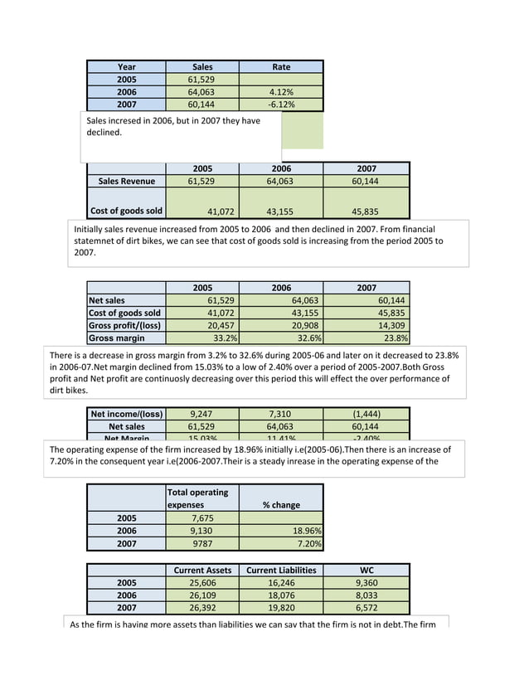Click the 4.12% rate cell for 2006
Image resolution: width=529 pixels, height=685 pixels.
click(x=281, y=92)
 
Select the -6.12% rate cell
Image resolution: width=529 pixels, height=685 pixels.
click(x=281, y=104)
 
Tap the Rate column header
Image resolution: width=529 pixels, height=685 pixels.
click(x=281, y=67)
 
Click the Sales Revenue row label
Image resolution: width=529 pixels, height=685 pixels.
click(x=127, y=181)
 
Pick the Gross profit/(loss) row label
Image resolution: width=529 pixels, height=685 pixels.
click(x=125, y=325)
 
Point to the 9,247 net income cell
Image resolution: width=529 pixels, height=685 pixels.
click(x=202, y=413)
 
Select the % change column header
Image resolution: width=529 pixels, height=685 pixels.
click(x=281, y=504)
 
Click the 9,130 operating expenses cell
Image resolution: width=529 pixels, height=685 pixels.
click(x=202, y=531)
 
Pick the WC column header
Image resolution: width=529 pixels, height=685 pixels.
click(x=366, y=570)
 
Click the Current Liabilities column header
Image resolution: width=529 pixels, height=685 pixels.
click(x=281, y=570)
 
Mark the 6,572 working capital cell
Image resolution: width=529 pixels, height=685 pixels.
click(x=366, y=607)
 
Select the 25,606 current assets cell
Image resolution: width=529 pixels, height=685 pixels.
click(x=202, y=582)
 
